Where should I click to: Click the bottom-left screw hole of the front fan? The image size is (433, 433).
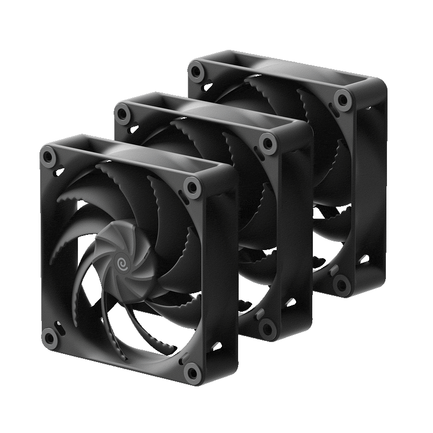(x=50, y=338)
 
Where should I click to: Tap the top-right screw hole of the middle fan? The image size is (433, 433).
(x=267, y=142)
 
